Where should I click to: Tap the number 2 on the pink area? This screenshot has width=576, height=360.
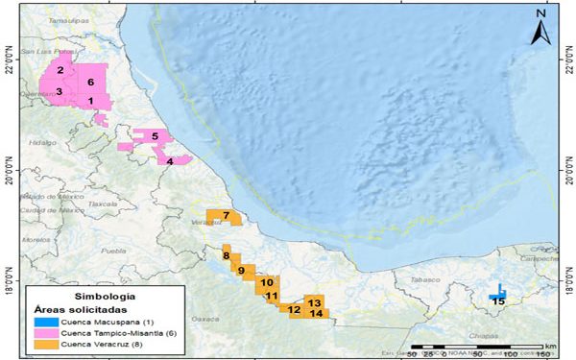60,70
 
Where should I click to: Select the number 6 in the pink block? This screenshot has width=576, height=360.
89,82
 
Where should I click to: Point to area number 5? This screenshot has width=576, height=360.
154,137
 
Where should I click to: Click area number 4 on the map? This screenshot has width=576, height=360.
170,161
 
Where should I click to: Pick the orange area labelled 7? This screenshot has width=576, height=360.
226,215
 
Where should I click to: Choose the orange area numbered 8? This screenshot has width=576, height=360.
227,255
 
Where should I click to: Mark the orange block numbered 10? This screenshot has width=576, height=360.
266,282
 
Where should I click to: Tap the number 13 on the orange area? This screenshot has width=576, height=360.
315,302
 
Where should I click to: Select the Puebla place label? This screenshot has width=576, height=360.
113,251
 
